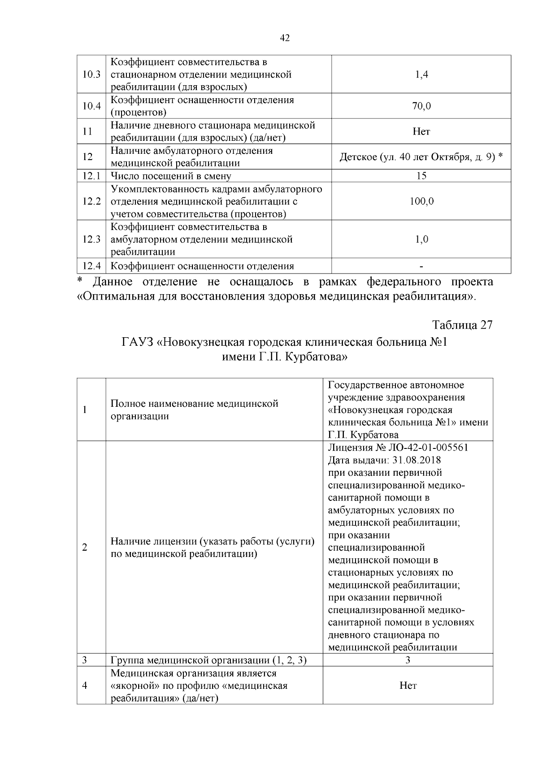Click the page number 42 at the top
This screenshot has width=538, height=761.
(285, 38)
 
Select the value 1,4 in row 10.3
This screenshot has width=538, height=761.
(421, 74)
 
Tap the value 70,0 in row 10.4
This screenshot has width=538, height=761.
(421, 106)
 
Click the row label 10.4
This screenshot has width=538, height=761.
(91, 106)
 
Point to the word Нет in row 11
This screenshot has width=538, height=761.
(421, 131)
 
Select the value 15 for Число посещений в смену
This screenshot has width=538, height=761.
(421, 176)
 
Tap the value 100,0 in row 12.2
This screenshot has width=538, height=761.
(421, 201)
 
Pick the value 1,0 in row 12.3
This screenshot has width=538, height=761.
(421, 239)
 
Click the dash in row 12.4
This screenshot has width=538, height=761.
(421, 266)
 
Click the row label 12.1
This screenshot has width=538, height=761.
(91, 176)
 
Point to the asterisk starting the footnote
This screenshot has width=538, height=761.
(80, 281)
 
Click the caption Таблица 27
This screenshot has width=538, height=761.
(462, 325)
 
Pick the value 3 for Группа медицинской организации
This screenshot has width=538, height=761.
(408, 660)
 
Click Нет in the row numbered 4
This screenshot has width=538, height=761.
(408, 686)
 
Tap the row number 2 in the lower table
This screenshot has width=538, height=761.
(85, 548)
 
